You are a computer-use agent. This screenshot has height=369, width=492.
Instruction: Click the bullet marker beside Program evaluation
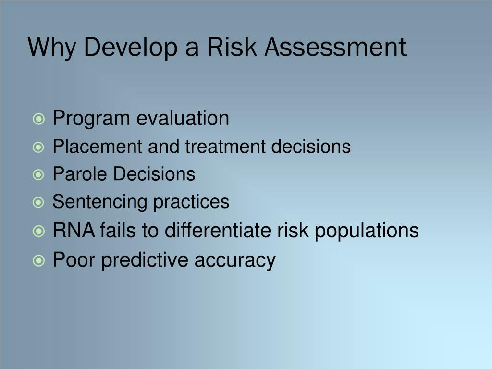tap(39, 119)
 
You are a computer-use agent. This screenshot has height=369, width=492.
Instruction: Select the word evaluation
tap(183, 118)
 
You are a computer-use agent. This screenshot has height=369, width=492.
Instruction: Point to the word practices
tap(191, 202)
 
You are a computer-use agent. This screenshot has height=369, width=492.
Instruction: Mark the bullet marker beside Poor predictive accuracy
tap(39, 261)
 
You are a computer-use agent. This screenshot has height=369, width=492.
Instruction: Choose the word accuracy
tap(235, 261)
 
